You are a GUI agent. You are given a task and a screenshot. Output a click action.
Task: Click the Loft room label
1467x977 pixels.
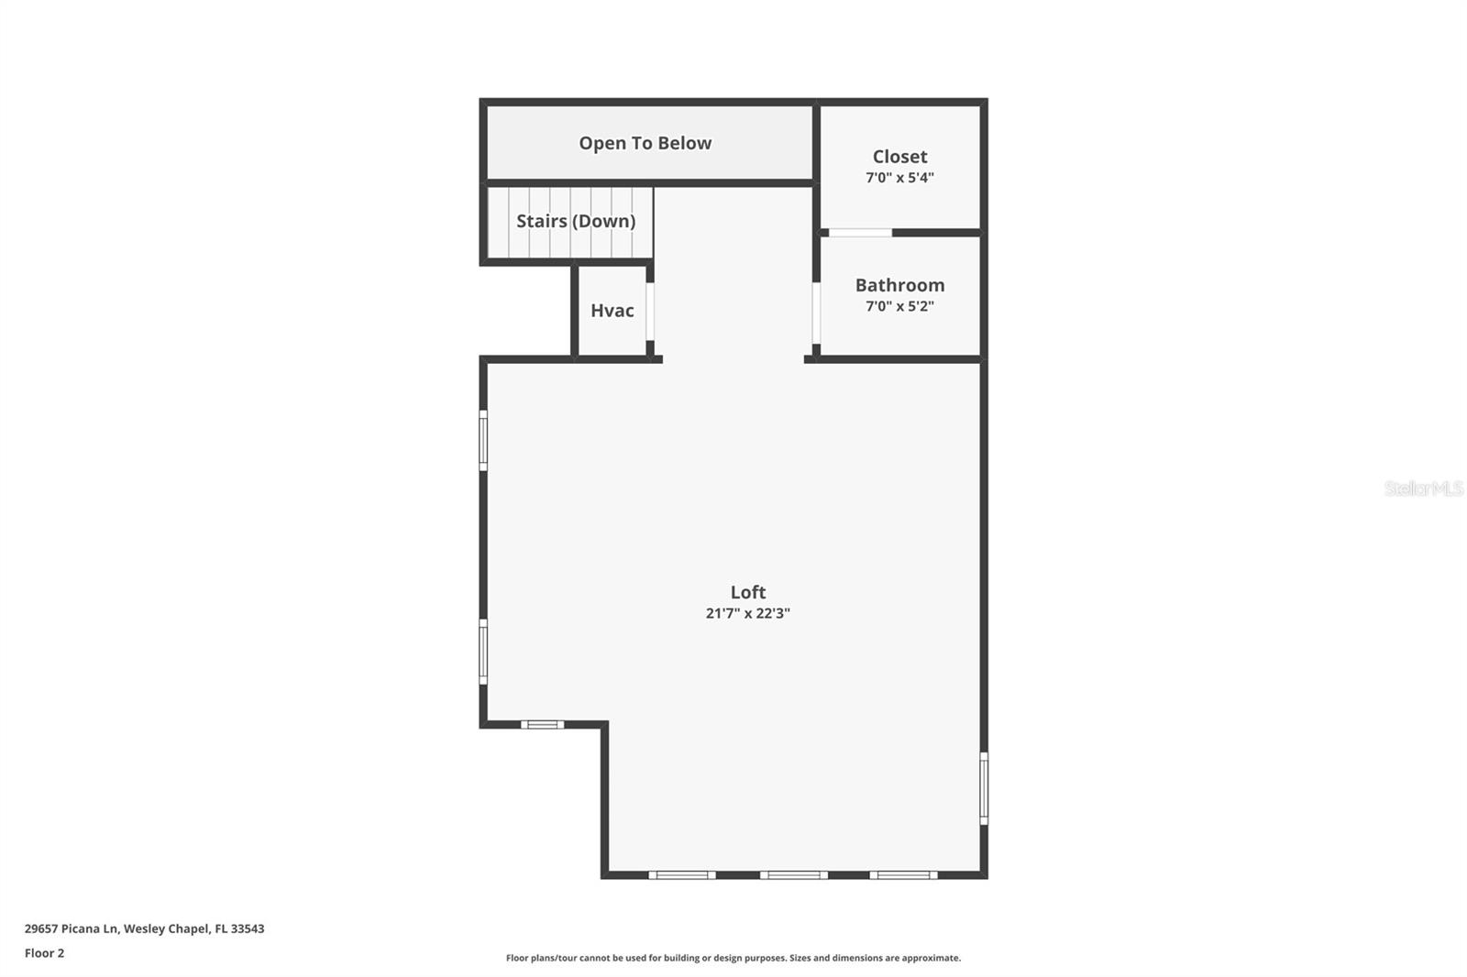coord(747,592)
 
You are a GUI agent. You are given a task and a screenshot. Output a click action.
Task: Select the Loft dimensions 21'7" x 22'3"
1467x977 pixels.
coord(747,613)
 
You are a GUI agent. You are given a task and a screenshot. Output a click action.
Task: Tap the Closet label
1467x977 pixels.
coord(899,157)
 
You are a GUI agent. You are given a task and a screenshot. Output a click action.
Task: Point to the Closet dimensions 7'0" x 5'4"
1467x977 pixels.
coord(899,178)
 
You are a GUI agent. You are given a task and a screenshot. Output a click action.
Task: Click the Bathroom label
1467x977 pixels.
coord(899,285)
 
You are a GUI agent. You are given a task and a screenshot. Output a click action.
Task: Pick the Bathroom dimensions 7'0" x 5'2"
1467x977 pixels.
coord(899,306)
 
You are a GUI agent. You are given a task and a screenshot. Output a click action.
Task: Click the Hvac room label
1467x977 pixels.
coord(612,311)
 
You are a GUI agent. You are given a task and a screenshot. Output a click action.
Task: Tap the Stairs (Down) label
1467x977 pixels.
coord(575,221)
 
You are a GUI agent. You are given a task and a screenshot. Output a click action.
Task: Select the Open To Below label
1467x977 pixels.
coord(645,143)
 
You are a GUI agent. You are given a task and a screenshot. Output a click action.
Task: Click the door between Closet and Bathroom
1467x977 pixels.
coord(859,233)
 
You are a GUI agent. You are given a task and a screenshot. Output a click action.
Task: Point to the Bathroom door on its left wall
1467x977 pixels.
coord(816,313)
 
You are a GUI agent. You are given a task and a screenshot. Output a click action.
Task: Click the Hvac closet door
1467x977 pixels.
coord(650,312)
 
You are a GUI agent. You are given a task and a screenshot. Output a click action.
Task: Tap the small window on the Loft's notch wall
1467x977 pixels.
coord(542,725)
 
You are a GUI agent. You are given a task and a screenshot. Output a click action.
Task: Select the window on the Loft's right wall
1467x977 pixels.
coord(984,788)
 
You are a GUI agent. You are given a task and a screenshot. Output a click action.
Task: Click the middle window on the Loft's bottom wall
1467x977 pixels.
coord(793,875)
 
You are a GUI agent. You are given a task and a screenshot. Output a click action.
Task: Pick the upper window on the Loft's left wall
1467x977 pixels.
coord(483,440)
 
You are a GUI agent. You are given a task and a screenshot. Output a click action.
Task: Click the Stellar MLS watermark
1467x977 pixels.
coord(1423,488)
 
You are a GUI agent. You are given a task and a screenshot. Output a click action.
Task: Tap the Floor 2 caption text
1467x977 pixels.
coord(44,953)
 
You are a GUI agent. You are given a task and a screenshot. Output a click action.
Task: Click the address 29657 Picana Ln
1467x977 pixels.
coord(144,928)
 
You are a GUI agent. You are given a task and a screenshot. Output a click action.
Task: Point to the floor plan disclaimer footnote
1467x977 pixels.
coord(733,958)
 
